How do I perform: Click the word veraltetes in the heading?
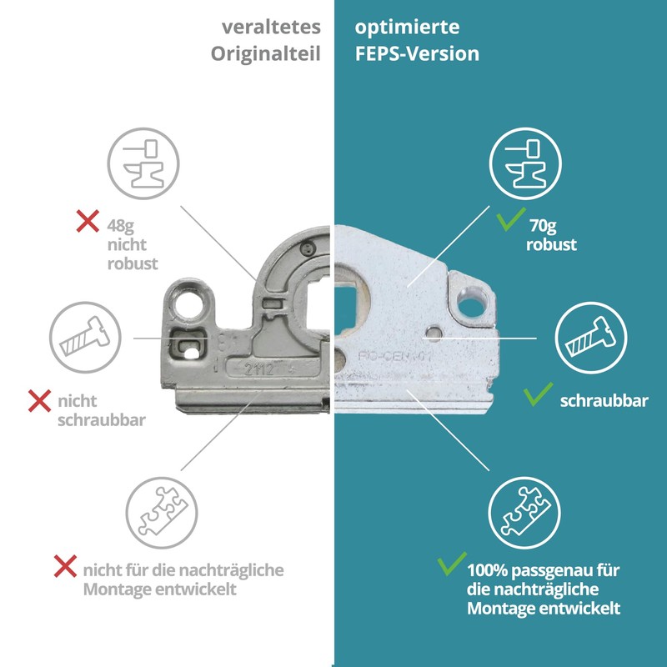[271, 27]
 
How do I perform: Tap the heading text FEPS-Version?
[417, 54]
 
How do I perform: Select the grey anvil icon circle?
[142, 159]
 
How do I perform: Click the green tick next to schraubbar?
[536, 394]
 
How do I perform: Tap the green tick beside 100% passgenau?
[451, 566]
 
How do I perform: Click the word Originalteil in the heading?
[265, 54]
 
